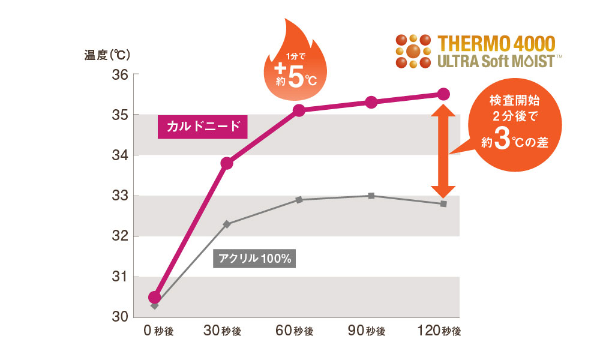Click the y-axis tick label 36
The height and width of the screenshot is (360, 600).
pyautogui.click(x=120, y=75)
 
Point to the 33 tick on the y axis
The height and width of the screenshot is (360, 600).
pyautogui.click(x=120, y=196)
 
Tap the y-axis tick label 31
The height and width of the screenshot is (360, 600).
pyautogui.click(x=120, y=277)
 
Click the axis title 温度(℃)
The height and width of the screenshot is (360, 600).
pyautogui.click(x=107, y=55)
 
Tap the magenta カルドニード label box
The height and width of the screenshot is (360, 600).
pyautogui.click(x=203, y=127)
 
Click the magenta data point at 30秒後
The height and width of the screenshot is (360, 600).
pyautogui.click(x=227, y=163)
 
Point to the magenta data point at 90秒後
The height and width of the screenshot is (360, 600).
pyautogui.click(x=371, y=102)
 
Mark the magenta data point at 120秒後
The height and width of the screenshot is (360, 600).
pyautogui.click(x=443, y=94)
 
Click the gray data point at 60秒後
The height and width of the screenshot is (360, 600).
pyautogui.click(x=299, y=199)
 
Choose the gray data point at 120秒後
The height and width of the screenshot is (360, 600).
pyautogui.click(x=443, y=204)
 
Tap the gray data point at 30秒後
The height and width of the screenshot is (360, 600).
pyautogui.click(x=227, y=224)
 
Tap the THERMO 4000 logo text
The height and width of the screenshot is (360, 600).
pyautogui.click(x=497, y=43)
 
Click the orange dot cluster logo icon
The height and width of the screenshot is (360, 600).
pyautogui.click(x=413, y=51)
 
